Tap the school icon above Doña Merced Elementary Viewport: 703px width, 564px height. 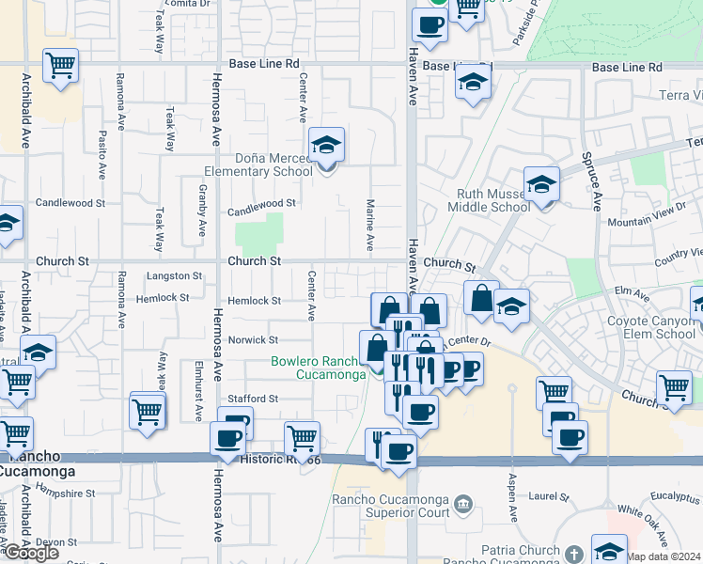pos(326,146)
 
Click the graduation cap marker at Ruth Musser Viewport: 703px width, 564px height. pos(541,184)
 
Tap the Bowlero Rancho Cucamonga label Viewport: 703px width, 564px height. pos(318,368)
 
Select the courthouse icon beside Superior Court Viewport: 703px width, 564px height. pos(462,505)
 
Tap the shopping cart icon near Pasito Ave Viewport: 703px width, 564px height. pos(61,66)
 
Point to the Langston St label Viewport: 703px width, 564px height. pos(175,276)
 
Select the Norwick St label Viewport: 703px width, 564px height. pos(254,340)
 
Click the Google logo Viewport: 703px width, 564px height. pos(32,553)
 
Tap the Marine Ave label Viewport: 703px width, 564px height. pos(370,225)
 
